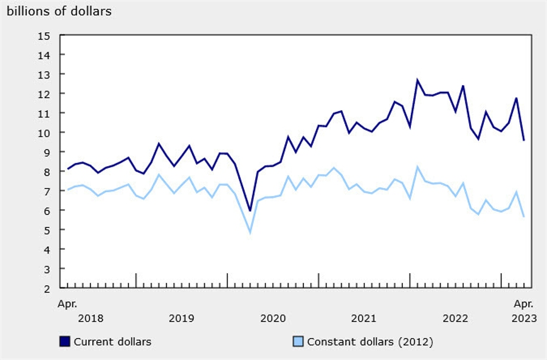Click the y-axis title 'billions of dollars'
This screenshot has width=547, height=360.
point(59,11)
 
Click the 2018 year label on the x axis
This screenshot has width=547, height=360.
point(91,318)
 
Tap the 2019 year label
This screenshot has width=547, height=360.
point(181,318)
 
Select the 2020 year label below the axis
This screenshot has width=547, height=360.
point(273,318)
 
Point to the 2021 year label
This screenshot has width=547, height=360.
point(364,318)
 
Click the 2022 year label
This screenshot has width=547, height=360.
point(455,318)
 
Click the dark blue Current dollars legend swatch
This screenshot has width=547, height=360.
point(64,342)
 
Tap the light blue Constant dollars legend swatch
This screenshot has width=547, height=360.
point(298,342)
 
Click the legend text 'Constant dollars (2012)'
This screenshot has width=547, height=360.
point(370,342)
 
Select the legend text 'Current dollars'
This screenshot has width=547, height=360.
point(112,342)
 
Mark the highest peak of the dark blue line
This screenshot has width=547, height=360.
point(418,80)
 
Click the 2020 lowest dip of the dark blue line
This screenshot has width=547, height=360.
point(250,211)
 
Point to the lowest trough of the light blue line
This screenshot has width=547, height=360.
point(250,232)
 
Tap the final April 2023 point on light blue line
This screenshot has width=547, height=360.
point(524,216)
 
